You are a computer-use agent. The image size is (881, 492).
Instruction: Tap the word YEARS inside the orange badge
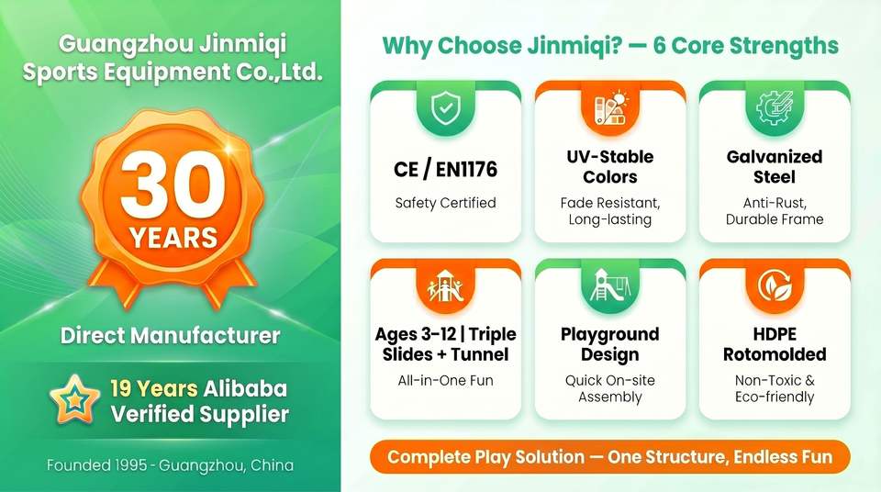pyautogui.click(x=173, y=238)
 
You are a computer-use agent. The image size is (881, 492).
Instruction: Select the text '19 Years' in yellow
pyautogui.click(x=153, y=388)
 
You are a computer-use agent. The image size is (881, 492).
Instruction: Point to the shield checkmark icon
pyautogui.click(x=446, y=108)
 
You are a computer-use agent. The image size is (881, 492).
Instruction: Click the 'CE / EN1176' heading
pyautogui.click(x=446, y=169)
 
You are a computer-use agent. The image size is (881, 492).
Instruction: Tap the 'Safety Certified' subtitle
pyautogui.click(x=446, y=203)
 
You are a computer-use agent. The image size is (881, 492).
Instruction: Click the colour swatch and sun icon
pyautogui.click(x=610, y=108)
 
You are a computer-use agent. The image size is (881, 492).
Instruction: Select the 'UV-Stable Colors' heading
pyautogui.click(x=610, y=166)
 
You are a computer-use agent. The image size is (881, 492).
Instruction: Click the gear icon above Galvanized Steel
pyautogui.click(x=775, y=108)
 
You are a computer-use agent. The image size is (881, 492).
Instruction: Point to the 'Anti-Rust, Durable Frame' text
pyautogui.click(x=775, y=211)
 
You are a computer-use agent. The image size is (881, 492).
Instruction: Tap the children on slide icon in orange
pyautogui.click(x=446, y=285)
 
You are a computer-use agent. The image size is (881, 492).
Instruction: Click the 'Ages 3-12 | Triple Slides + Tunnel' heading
pyautogui.click(x=446, y=344)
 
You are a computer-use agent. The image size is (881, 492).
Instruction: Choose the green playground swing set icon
pyautogui.click(x=610, y=285)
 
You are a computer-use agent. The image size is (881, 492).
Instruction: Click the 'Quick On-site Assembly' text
pyautogui.click(x=610, y=388)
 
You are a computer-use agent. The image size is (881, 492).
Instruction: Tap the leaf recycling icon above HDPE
pyautogui.click(x=775, y=285)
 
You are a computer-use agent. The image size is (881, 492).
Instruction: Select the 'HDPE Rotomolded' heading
pyautogui.click(x=775, y=344)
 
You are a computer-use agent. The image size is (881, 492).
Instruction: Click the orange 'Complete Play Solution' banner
pyautogui.click(x=610, y=456)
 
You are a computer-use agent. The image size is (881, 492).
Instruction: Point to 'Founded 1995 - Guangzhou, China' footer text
pyautogui.click(x=171, y=465)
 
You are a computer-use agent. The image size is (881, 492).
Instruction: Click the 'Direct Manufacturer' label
pyautogui.click(x=171, y=336)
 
